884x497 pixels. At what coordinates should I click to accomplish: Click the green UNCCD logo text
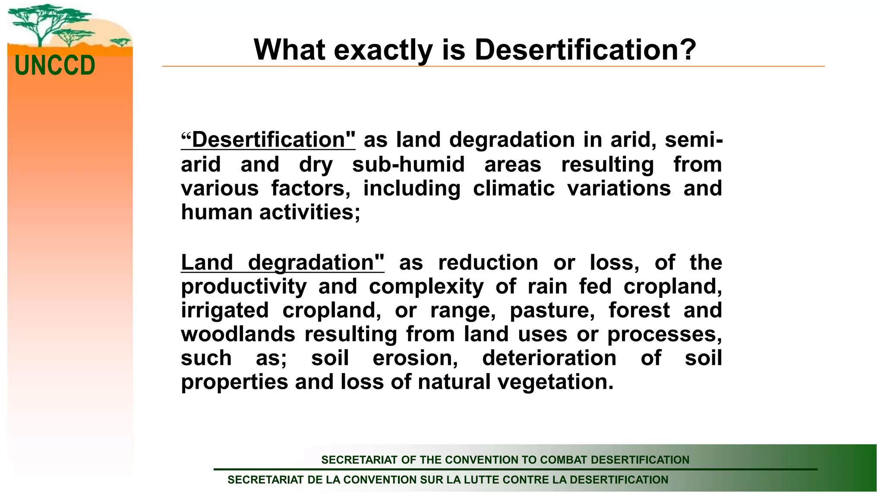tap(55, 66)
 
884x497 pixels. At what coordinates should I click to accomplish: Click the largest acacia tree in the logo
tap(41, 22)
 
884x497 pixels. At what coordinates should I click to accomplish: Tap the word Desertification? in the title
tap(585, 50)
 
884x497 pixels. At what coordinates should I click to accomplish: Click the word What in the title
tap(289, 50)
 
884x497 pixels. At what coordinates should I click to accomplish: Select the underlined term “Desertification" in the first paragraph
tap(268, 140)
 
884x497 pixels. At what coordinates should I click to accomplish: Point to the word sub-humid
tap(408, 164)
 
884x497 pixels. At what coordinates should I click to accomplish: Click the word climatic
tap(513, 189)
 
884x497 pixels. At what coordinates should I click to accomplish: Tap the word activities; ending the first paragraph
tap(309, 212)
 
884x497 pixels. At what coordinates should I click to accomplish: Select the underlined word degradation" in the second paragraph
tap(316, 262)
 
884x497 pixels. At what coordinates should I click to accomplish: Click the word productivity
tap(243, 286)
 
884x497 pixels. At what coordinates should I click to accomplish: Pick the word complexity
tap(426, 286)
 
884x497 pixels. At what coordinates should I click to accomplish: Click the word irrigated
tap(224, 310)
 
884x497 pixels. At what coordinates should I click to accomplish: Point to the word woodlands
tap(238, 334)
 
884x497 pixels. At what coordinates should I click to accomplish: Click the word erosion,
tap(415, 358)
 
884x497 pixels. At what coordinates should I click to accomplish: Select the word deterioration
tap(549, 358)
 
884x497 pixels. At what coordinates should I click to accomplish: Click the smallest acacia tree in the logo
tap(120, 42)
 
